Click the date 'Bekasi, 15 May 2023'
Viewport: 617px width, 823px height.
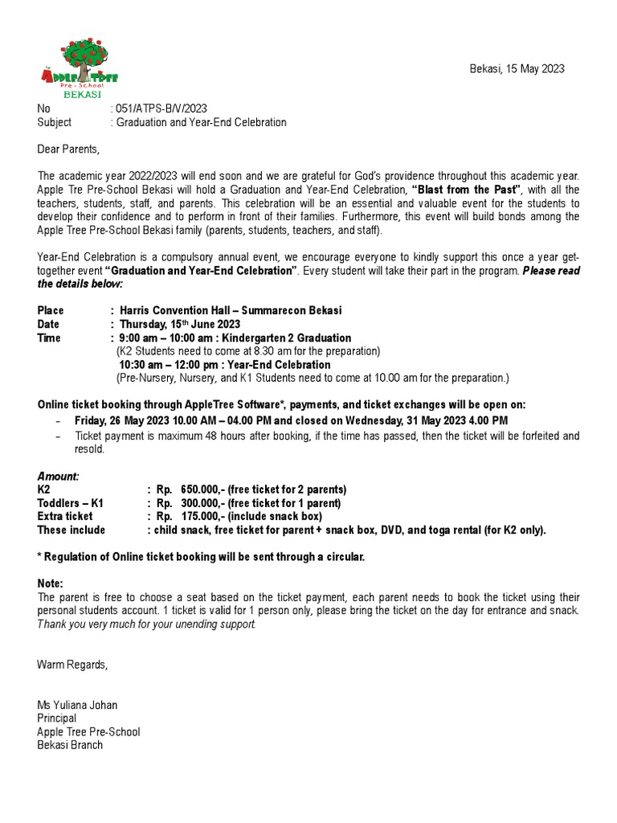(x=517, y=69)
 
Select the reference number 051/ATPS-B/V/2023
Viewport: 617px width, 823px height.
(x=165, y=109)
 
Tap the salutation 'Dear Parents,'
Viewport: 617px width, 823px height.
(x=69, y=149)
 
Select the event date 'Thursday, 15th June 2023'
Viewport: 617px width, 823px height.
(x=179, y=325)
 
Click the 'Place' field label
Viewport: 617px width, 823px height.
(x=51, y=311)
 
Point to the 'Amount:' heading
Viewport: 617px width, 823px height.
(x=59, y=477)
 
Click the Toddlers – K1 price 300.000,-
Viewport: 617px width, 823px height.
(x=200, y=503)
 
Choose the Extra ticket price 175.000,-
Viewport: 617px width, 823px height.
(x=200, y=517)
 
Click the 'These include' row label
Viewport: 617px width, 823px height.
(x=72, y=530)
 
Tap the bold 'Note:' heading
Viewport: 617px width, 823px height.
(x=51, y=583)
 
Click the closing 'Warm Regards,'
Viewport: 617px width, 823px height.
(x=72, y=665)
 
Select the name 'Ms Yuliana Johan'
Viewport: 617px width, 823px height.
(x=77, y=706)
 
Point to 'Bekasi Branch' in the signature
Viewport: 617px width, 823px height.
(x=70, y=745)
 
